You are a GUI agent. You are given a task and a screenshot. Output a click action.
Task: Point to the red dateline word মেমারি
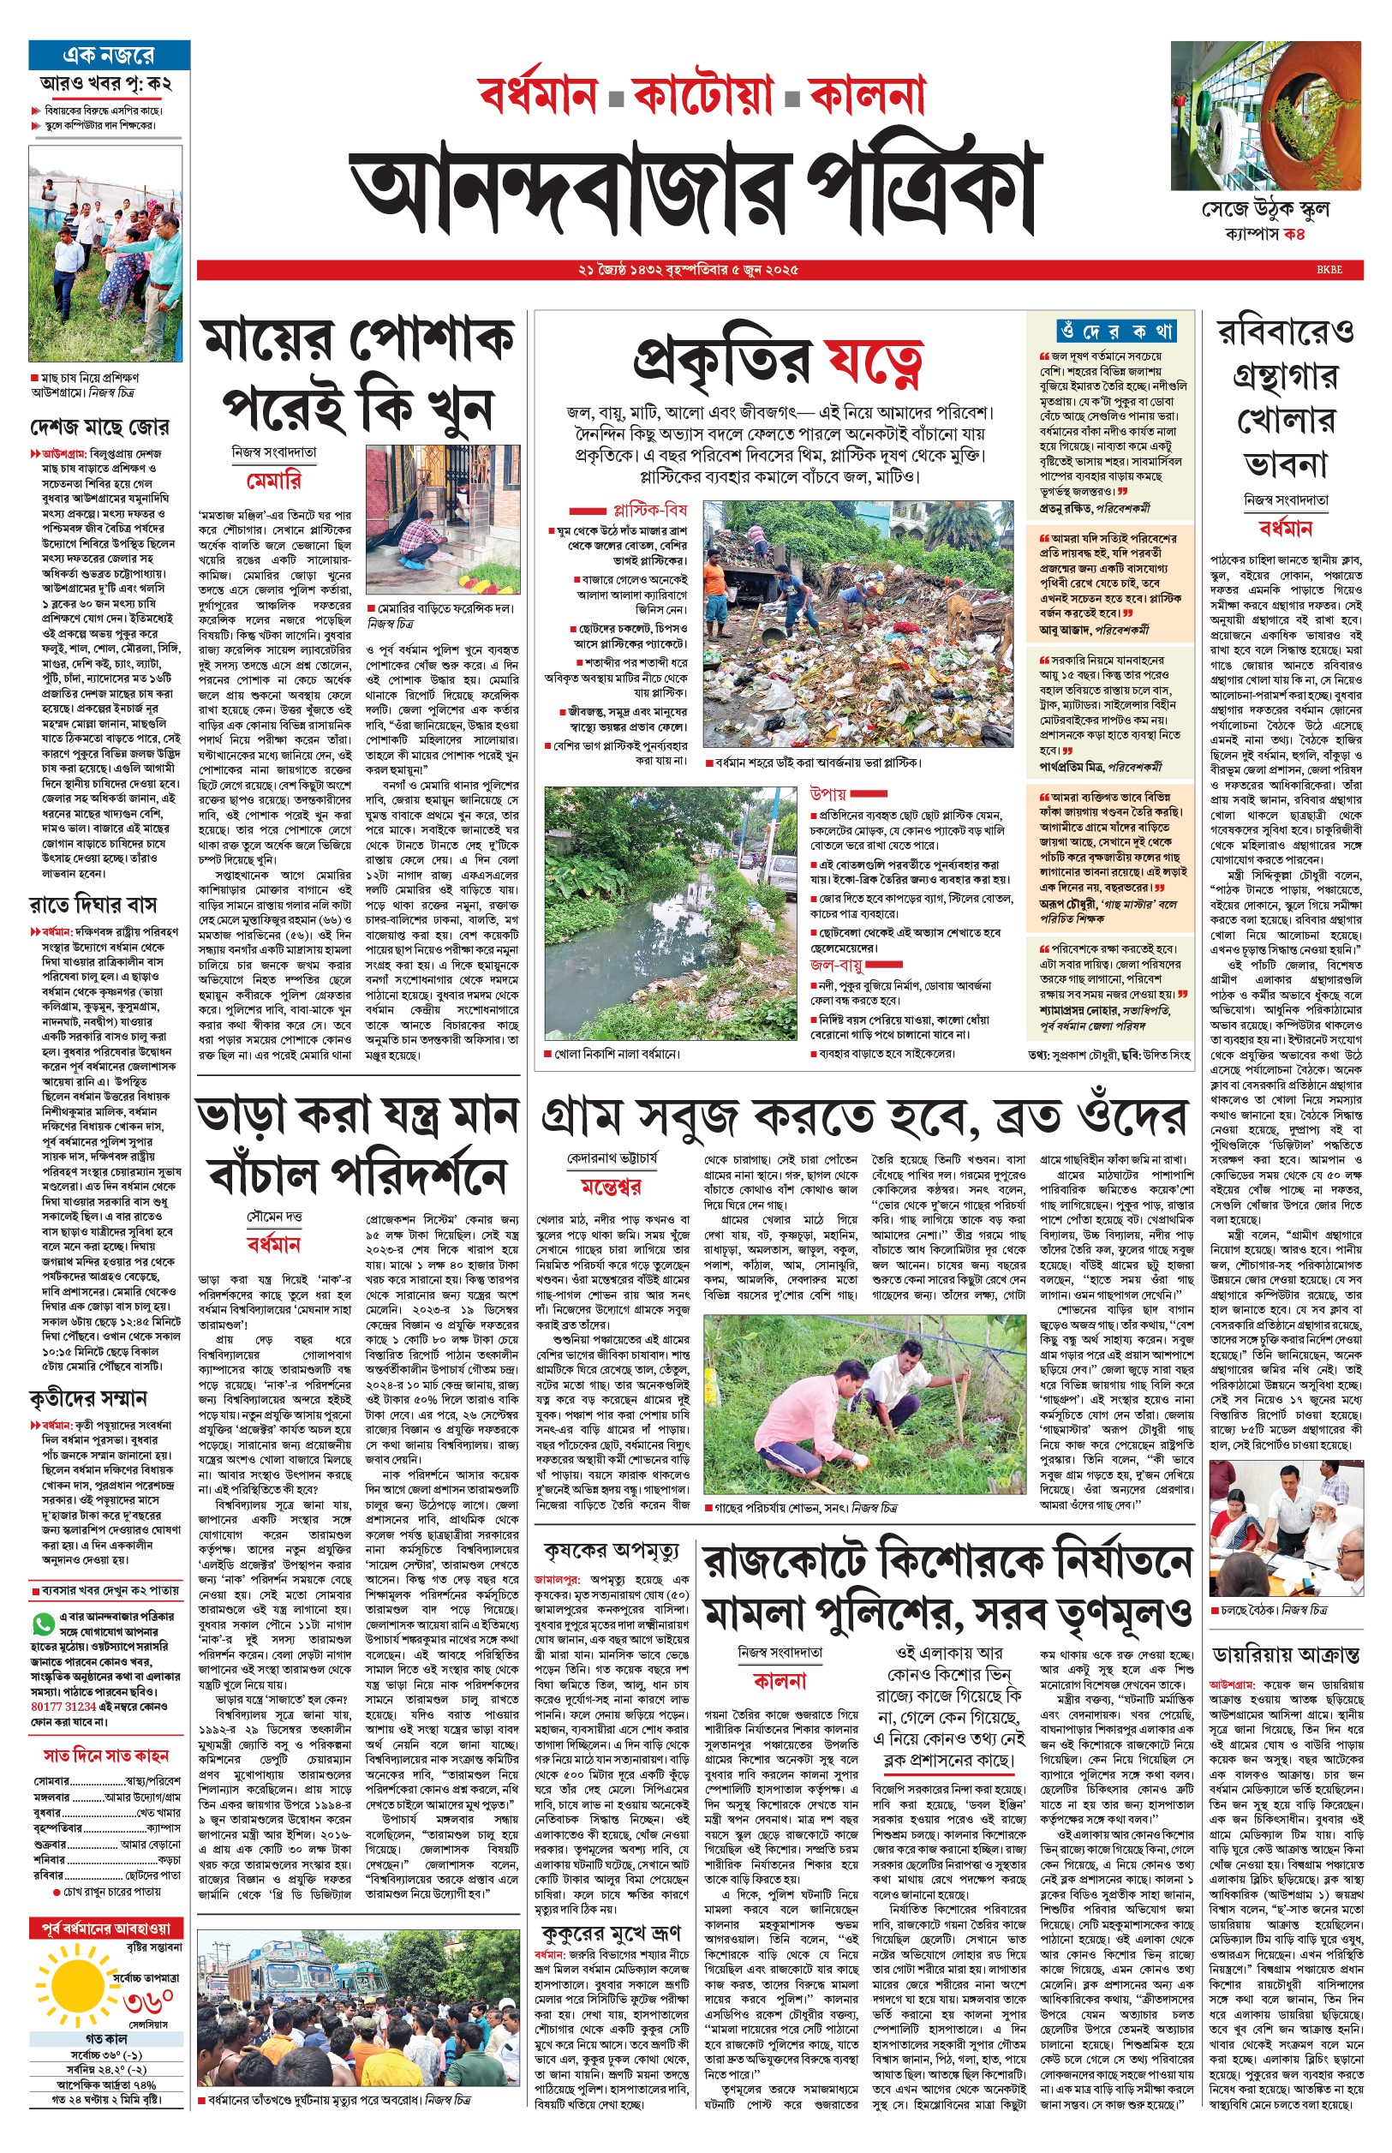[x=273, y=480]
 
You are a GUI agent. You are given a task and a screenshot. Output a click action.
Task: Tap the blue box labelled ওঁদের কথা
[x=1115, y=331]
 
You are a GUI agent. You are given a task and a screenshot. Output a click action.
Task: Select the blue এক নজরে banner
[x=109, y=54]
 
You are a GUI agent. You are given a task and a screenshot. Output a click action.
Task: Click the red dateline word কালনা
[x=780, y=1680]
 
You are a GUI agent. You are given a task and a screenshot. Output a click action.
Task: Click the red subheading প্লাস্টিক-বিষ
[x=650, y=510]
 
